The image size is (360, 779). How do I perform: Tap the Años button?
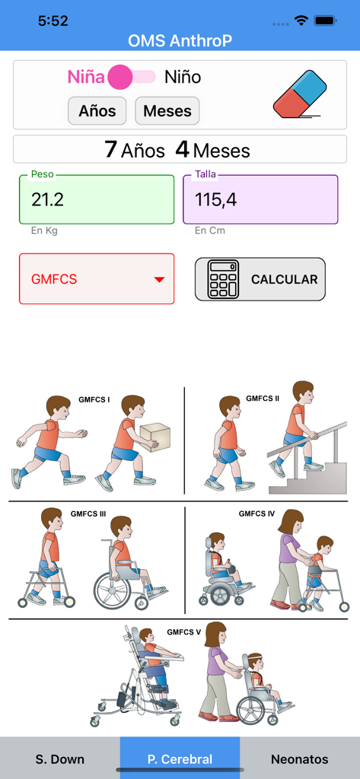coord(97,111)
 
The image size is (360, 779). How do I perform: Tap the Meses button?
coord(167,111)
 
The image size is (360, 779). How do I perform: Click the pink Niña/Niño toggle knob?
coord(121,77)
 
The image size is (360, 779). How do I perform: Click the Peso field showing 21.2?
coord(97,200)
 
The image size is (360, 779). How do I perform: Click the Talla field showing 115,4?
coord(260,200)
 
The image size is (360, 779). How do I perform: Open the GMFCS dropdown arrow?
coord(159,280)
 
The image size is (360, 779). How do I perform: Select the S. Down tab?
coord(60,758)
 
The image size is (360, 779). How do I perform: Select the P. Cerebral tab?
coord(180,758)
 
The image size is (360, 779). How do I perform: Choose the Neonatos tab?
coord(300,758)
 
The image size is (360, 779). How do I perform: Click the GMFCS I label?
coord(94,399)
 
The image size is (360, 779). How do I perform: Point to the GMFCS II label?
coord(263,398)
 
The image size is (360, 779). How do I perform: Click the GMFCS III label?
coord(88,514)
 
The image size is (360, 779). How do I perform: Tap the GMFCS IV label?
coord(256,514)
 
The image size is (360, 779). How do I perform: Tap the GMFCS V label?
coord(184,632)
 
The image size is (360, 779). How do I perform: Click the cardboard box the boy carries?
coord(155,436)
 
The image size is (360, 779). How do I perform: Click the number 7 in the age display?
coord(111,150)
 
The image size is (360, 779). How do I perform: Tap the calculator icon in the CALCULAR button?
coord(223,279)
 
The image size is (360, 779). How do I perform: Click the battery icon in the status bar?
coord(326,21)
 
